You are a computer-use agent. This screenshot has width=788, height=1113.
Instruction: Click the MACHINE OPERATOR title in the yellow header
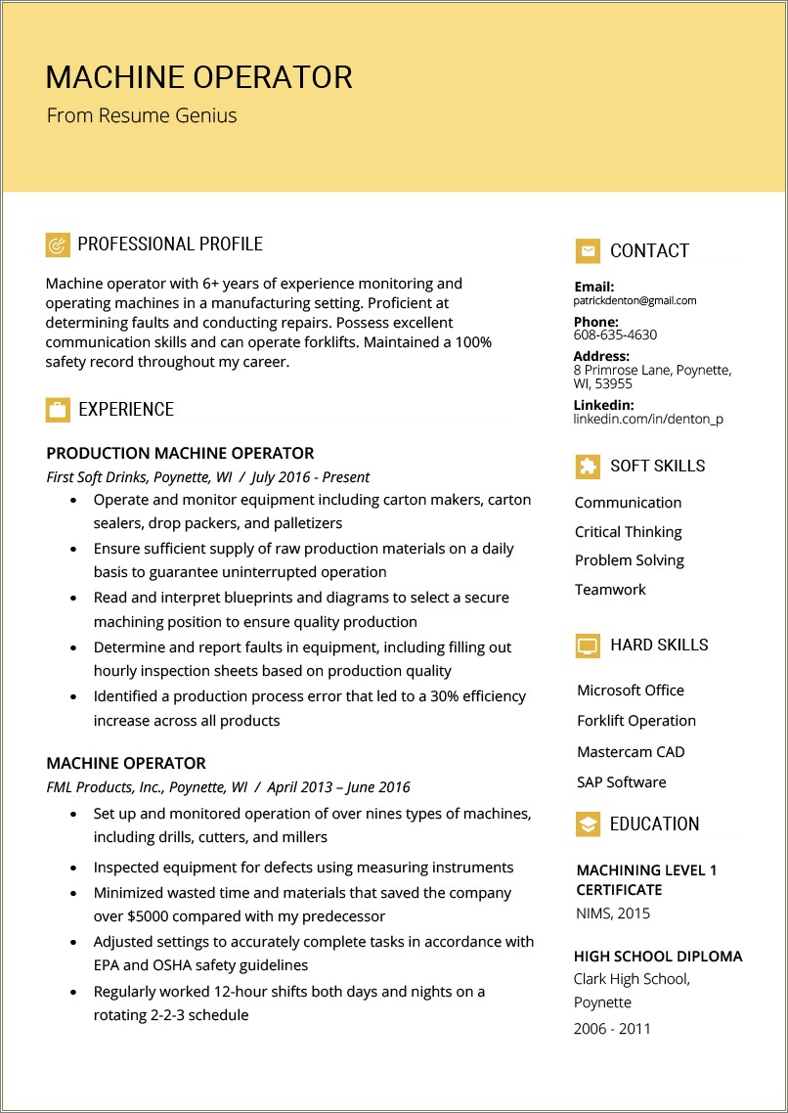198,77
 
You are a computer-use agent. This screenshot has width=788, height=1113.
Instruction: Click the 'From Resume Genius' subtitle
142,115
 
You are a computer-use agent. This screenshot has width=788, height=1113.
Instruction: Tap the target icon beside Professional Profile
58,245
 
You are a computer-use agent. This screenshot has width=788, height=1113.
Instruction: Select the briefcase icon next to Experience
58,410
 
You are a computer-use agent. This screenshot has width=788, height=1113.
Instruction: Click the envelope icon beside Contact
588,251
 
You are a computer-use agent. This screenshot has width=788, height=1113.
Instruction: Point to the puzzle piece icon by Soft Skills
588,467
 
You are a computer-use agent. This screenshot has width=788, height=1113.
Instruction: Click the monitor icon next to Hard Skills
588,646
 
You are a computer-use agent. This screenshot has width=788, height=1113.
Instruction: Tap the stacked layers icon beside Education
588,824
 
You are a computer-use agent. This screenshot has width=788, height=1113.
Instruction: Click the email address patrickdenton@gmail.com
635,301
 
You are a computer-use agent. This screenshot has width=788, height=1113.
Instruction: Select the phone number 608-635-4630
615,334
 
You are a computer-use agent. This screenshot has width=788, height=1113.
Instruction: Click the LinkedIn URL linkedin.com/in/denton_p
648,419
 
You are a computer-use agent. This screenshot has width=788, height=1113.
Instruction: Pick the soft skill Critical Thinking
628,532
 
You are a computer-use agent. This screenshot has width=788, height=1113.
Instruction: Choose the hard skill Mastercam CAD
631,752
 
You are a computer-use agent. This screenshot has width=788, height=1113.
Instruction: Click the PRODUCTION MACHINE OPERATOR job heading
180,454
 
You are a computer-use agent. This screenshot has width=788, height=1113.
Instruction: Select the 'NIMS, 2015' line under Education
613,913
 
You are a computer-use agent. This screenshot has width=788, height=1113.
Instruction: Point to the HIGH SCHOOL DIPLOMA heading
658,957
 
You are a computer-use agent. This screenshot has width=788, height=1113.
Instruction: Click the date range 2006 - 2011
613,1029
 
